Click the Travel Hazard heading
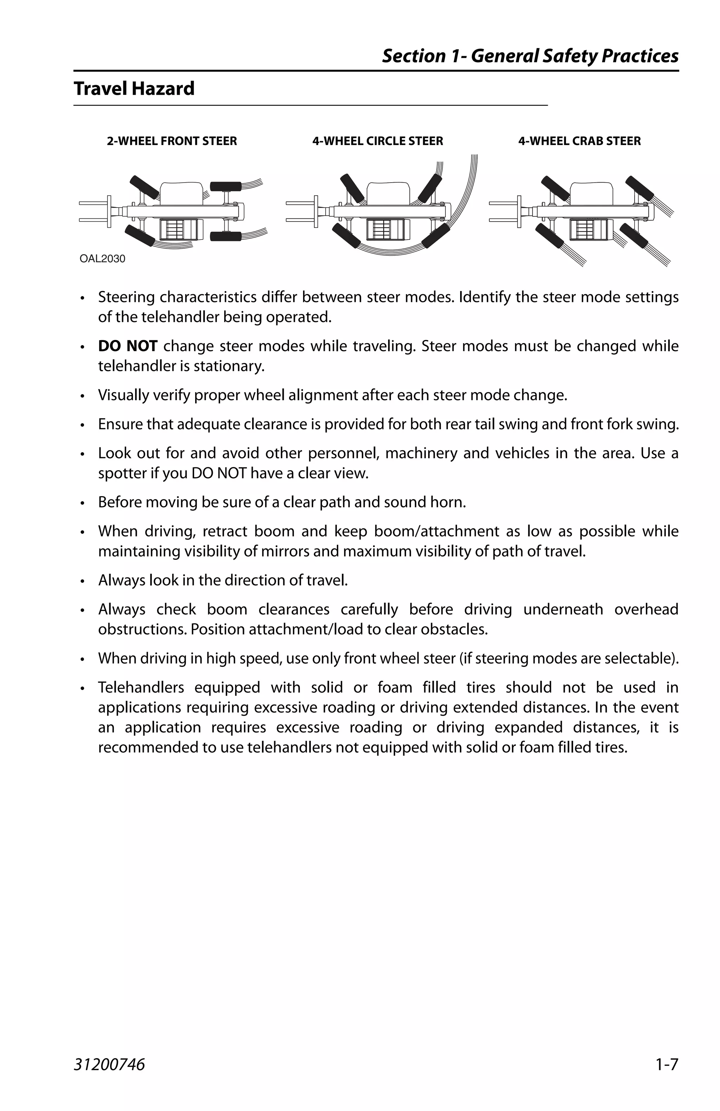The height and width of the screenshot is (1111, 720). [x=134, y=89]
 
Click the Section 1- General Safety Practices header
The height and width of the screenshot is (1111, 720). [x=530, y=56]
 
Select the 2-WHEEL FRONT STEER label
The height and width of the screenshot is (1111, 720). [x=172, y=141]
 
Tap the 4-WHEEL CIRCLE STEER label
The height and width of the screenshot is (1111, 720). [x=378, y=141]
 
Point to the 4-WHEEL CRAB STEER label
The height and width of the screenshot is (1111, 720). [x=579, y=141]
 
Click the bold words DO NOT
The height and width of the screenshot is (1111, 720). [x=128, y=346]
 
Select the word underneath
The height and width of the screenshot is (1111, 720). [x=562, y=609]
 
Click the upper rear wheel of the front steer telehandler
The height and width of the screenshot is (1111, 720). [x=226, y=186]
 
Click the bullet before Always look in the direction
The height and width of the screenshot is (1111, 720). [x=82, y=581]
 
